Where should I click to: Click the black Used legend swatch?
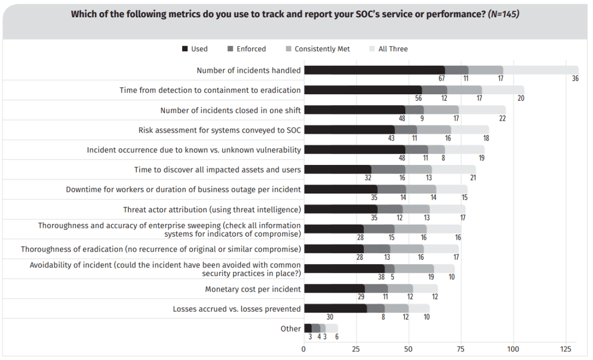[185, 49]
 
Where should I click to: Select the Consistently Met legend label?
[322, 49]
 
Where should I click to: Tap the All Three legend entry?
[392, 49]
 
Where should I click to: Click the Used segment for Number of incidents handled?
[374, 70]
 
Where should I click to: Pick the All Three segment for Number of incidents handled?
[540, 70]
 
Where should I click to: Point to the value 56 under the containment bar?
[418, 98]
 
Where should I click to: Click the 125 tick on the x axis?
[565, 349]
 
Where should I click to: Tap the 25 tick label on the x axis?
[356, 349]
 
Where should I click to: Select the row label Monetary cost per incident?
[253, 289]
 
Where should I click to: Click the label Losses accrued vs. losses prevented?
[237, 309]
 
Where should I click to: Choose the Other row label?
[291, 329]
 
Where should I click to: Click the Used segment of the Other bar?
[308, 328]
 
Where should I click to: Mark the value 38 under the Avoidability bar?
[381, 277]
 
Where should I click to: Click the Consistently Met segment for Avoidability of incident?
[414, 268]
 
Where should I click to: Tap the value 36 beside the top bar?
[575, 79]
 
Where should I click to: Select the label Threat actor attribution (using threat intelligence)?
[212, 210]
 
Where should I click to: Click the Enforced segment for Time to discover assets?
[388, 169]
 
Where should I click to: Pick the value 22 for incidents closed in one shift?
[502, 118]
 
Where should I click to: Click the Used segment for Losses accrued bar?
[335, 308]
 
